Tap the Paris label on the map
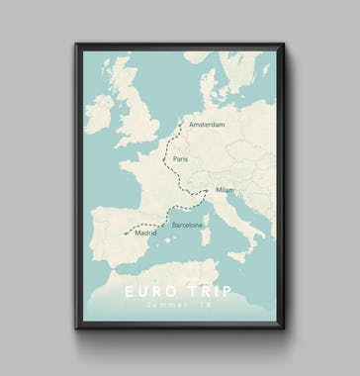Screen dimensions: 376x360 pos(179,158)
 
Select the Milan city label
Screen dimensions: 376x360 pos(225,190)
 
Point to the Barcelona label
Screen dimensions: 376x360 pos(187,226)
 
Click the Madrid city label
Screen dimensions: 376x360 pos(145,234)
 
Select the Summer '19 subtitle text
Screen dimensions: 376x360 pos(178,307)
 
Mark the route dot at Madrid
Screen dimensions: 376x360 pos(126,235)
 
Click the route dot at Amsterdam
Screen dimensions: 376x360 pos(181,124)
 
